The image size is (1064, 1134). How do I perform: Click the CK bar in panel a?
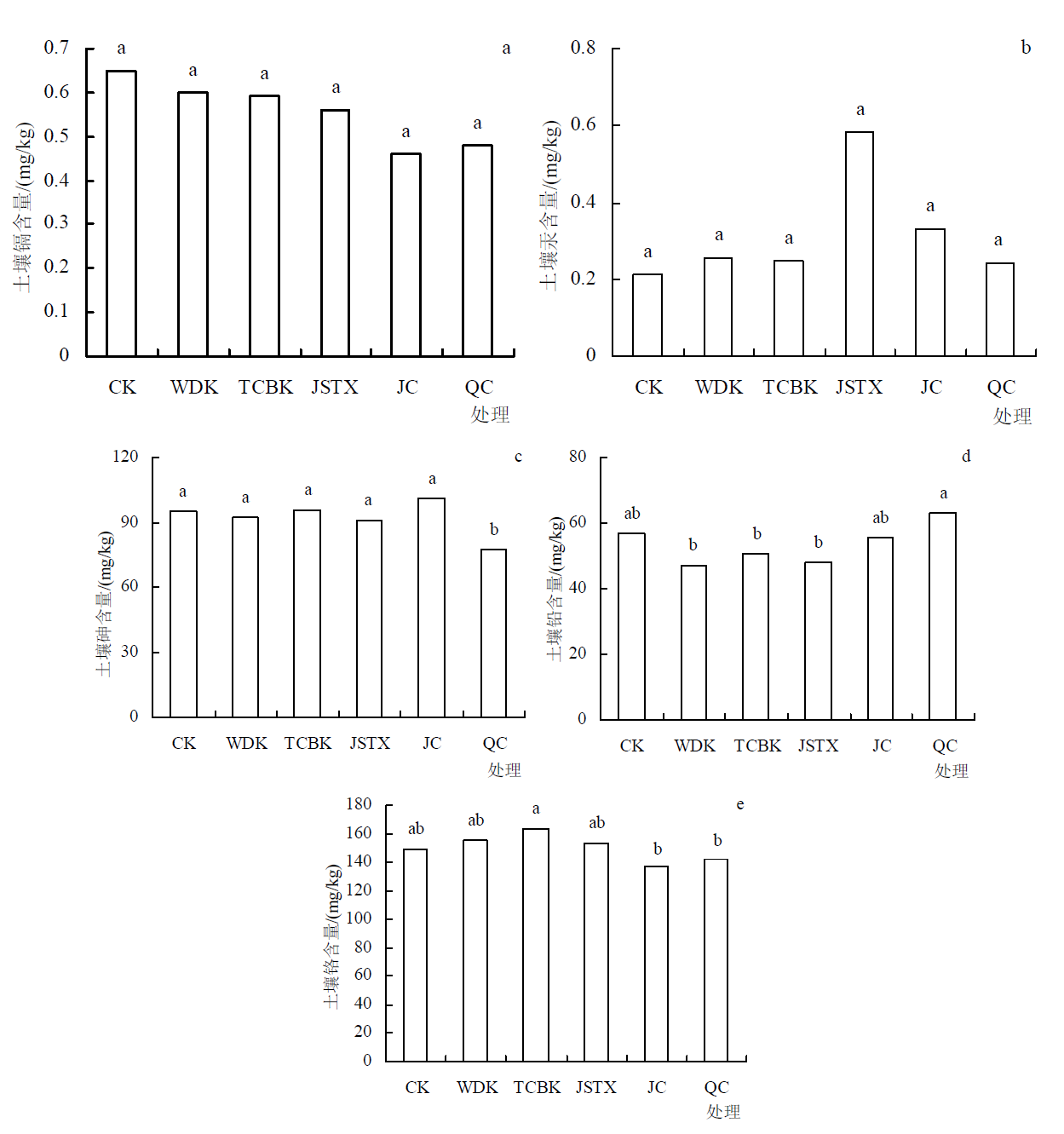[x=121, y=213]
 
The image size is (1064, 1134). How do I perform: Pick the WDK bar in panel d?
[x=693, y=642]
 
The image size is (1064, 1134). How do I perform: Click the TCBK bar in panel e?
[x=536, y=945]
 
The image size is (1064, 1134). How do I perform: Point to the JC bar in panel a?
[x=405, y=255]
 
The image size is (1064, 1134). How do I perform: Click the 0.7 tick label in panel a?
[x=57, y=48]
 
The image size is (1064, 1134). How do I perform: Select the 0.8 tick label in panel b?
[x=583, y=48]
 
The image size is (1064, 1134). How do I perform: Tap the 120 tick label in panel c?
[x=125, y=457]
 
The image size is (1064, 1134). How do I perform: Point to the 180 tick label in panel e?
[x=359, y=804]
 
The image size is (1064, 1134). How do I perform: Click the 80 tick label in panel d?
[x=578, y=457]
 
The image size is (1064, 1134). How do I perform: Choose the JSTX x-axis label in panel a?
[x=335, y=388]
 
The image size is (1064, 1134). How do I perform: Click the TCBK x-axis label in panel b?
[x=790, y=388]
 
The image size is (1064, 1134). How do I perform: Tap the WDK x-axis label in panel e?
[x=477, y=1088]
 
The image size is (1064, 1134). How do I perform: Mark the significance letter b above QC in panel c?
[x=494, y=530]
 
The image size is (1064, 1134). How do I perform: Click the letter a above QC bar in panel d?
[x=943, y=493]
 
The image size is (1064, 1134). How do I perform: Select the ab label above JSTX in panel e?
[x=596, y=823]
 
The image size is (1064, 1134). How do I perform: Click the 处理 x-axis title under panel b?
[x=1012, y=416]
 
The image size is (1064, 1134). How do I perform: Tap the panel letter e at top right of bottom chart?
[x=740, y=804]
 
